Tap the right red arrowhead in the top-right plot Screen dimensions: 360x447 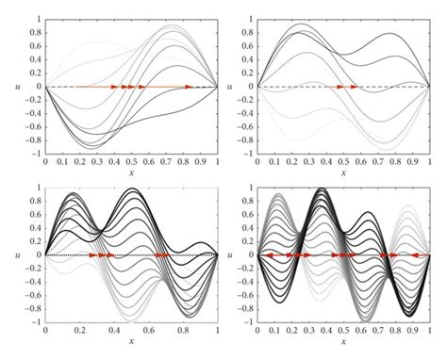coord(355,87)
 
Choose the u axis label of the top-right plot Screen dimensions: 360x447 coord(233,87)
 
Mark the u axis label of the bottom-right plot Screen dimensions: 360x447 coord(233,254)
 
